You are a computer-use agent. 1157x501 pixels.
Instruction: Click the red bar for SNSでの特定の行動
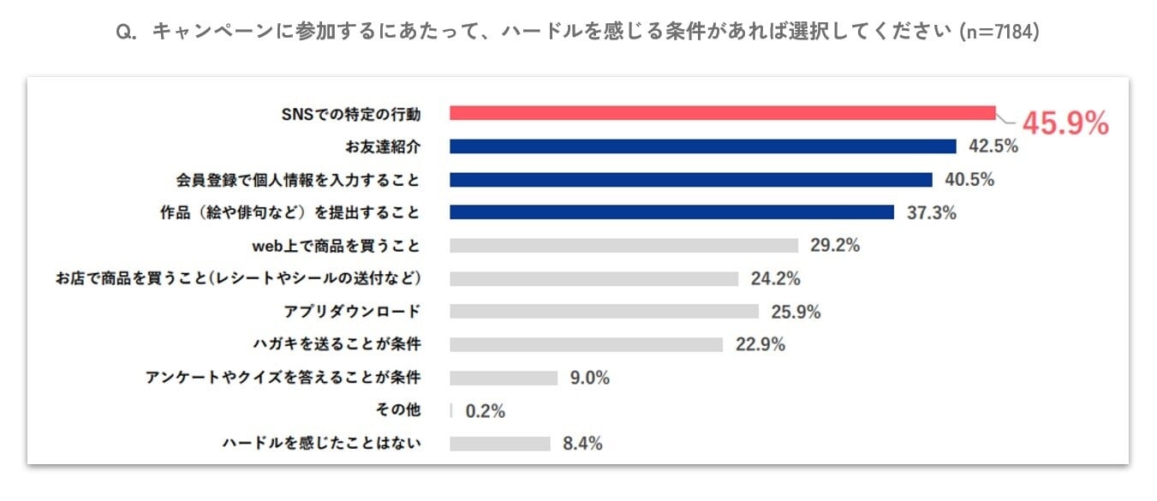point(722,113)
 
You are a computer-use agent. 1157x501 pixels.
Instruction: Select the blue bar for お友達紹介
point(702,146)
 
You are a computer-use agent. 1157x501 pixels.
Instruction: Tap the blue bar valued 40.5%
point(690,180)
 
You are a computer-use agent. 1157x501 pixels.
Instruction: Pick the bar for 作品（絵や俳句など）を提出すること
point(671,212)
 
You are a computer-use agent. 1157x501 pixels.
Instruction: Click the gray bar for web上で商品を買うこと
point(623,246)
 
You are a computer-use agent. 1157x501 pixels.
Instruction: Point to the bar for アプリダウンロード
point(604,312)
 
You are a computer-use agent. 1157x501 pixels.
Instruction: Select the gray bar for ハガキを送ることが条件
point(586,344)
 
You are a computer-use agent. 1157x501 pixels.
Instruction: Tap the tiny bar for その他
point(451,410)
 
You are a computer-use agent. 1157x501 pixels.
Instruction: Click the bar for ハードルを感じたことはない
point(500,444)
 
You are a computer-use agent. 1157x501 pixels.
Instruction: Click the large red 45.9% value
point(1065,123)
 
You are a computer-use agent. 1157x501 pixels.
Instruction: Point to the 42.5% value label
point(993,146)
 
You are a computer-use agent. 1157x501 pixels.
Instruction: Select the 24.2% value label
point(775,278)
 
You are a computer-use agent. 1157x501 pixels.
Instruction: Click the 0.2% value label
point(486,411)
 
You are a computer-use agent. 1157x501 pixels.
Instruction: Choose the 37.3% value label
point(932,213)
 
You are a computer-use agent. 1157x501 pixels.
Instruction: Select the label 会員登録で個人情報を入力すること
point(298,180)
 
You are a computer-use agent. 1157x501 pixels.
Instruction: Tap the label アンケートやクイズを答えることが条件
point(283,378)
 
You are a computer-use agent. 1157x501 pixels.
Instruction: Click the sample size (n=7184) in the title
point(999,32)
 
